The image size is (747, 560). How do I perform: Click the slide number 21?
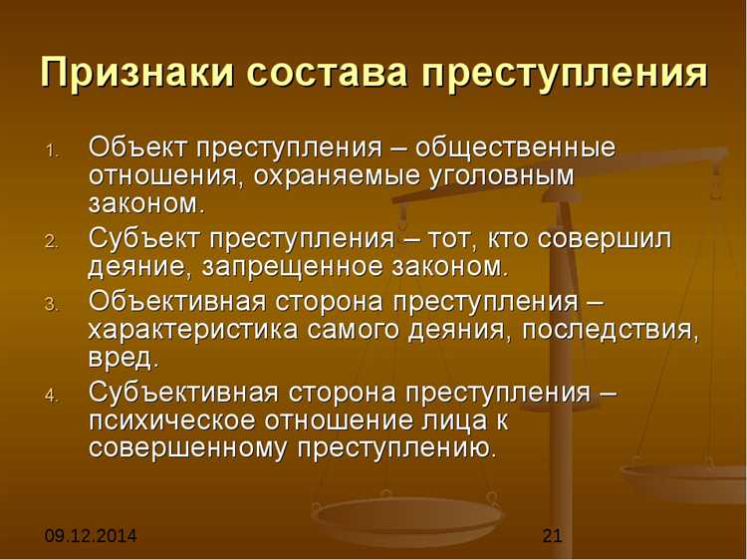tap(553, 537)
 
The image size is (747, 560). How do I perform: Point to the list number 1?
tap(53, 151)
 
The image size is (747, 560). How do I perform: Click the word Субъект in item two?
tap(142, 239)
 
